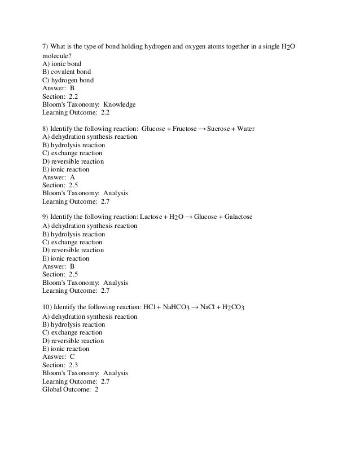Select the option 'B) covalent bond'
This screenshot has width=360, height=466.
[x=67, y=72]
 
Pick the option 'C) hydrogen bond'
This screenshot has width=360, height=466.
[x=68, y=80]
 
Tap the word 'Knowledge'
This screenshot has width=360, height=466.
[x=119, y=104]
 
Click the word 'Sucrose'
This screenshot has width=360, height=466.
[x=222, y=129]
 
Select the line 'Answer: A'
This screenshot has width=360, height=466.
[x=59, y=177]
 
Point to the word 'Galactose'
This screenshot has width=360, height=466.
[x=235, y=217]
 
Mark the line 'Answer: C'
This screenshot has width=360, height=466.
[x=59, y=357]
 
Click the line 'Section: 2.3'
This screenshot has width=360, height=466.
[x=60, y=365]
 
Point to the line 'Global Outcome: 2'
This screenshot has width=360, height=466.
[x=71, y=389]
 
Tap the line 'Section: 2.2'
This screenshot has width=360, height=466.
[x=60, y=96]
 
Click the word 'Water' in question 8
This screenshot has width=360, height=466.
[x=246, y=129]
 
